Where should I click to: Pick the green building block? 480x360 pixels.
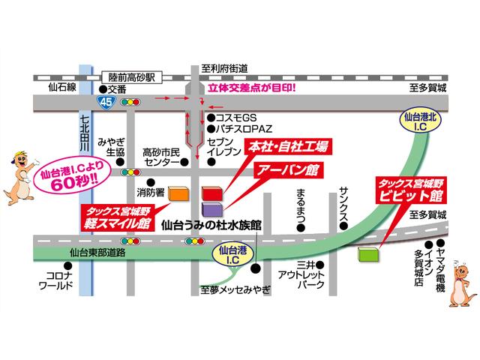[x=370, y=253]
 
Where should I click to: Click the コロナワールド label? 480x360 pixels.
[x=55, y=281]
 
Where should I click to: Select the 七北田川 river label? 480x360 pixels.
[x=85, y=127]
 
